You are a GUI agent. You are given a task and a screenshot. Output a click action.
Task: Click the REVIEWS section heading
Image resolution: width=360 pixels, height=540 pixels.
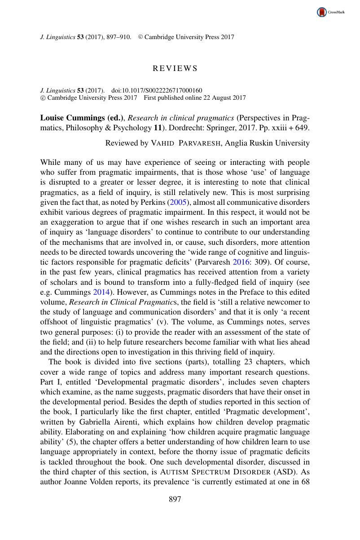click(x=175, y=69)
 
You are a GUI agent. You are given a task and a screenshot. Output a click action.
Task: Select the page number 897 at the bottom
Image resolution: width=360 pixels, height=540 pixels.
click(x=175, y=499)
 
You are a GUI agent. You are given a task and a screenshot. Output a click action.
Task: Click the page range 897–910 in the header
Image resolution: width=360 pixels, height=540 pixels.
click(x=118, y=37)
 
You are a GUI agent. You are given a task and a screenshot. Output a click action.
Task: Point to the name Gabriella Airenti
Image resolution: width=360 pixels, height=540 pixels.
click(x=116, y=422)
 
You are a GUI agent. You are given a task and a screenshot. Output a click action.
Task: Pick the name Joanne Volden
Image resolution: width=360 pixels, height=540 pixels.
click(x=83, y=482)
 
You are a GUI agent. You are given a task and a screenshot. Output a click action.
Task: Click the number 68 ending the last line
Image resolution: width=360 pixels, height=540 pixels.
click(x=305, y=482)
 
